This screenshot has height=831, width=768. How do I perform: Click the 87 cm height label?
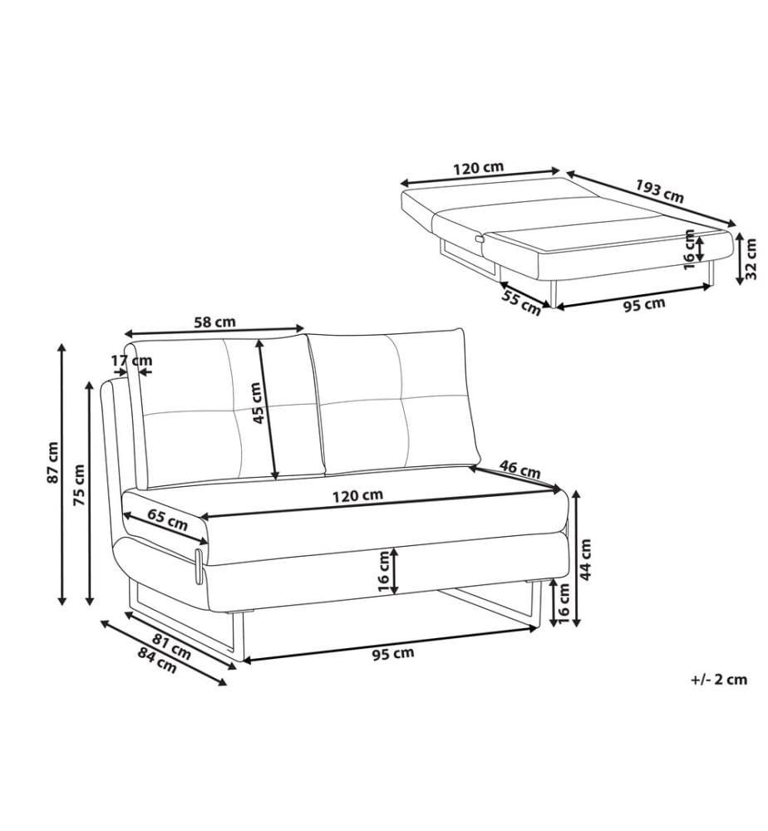(x=53, y=462)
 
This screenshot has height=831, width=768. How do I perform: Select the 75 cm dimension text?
(x=79, y=484)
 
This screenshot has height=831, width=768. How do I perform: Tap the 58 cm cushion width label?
(x=214, y=321)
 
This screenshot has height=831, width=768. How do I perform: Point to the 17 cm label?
(x=131, y=361)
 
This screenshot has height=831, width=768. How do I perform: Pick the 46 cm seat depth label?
(x=520, y=469)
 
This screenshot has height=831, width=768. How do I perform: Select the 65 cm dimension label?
(x=168, y=520)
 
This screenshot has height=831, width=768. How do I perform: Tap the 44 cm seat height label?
(x=586, y=559)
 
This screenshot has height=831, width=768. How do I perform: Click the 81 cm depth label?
(x=172, y=647)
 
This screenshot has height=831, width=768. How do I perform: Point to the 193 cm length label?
(x=660, y=191)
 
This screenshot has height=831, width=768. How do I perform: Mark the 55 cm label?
(x=521, y=303)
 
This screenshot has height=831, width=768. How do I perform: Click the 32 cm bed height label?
(x=751, y=259)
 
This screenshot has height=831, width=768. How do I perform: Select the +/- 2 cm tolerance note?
(x=719, y=680)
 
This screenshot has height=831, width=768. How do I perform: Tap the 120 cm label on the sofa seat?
(x=357, y=496)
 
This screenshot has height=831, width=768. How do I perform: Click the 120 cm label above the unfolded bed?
(x=478, y=168)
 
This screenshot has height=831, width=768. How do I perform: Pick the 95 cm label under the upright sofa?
(x=393, y=653)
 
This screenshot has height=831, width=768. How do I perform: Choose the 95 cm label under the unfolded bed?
(x=644, y=305)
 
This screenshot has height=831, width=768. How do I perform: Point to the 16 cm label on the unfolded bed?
(x=689, y=249)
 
